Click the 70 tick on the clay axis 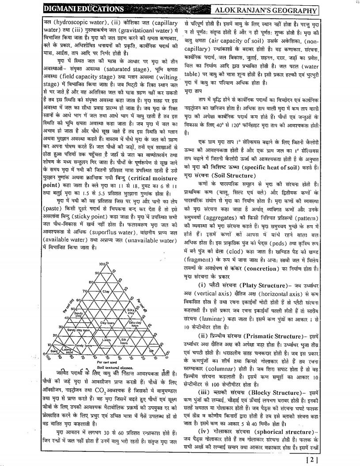(x=83, y=291)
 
